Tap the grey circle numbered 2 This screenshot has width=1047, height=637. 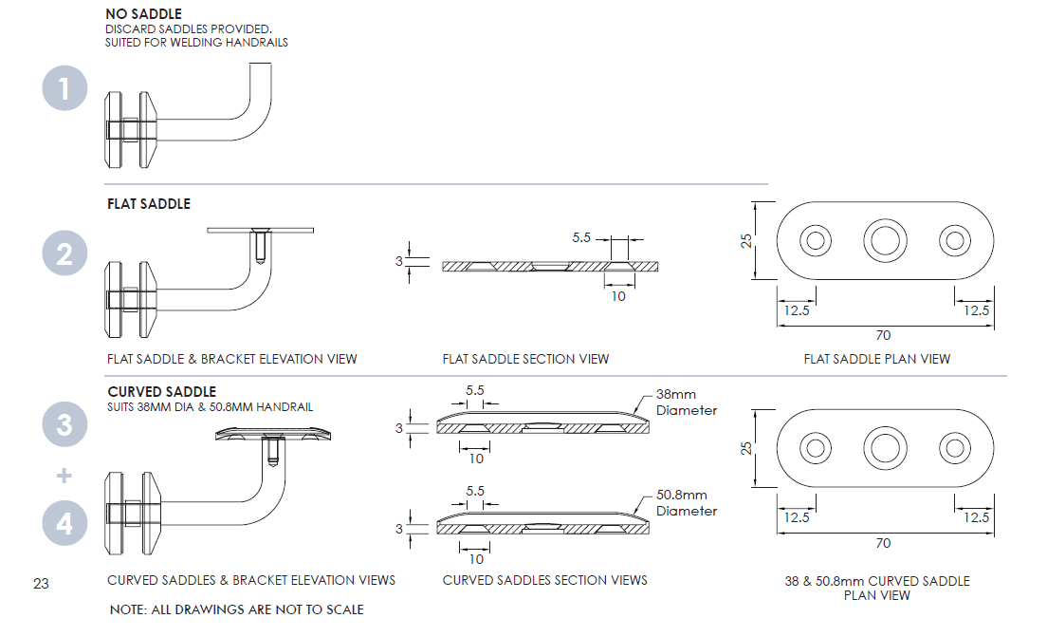(64, 253)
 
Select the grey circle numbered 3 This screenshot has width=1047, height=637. (64, 423)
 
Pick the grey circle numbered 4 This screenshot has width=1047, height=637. (64, 523)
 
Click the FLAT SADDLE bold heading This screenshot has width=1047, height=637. (149, 204)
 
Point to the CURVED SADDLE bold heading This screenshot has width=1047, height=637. (161, 391)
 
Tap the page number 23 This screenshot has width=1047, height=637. (41, 583)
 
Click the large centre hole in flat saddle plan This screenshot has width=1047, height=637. (884, 240)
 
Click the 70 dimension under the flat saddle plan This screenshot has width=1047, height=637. (884, 335)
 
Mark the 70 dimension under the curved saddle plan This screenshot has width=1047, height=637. (884, 543)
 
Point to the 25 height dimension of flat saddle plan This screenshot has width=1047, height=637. (747, 240)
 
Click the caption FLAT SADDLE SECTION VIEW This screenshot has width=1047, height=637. (525, 359)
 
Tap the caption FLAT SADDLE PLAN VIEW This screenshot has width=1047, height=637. (876, 359)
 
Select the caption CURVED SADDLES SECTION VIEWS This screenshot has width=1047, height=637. (544, 580)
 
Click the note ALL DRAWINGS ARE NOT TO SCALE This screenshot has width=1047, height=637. (236, 609)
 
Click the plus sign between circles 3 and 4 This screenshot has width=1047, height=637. (64, 474)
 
